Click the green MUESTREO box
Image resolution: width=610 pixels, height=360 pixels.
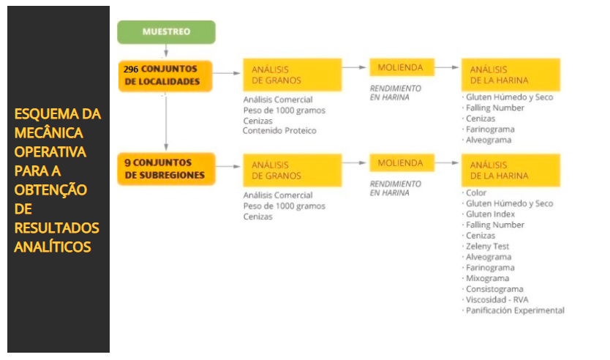tap(166, 32)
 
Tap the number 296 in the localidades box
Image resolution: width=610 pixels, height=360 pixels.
tap(131, 70)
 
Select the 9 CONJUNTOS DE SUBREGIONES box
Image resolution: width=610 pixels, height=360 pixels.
tap(166, 169)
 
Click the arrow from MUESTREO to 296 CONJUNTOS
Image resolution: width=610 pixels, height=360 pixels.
tap(166, 50)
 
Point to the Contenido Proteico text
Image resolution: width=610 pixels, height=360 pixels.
tap(279, 131)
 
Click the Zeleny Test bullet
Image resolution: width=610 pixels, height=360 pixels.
tap(486, 247)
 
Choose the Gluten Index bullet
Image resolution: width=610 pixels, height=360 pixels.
tap(489, 214)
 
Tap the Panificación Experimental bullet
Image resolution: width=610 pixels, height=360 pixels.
tap(513, 310)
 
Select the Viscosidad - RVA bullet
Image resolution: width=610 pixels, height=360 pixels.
tap(495, 300)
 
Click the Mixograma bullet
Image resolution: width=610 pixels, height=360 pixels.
tap(486, 278)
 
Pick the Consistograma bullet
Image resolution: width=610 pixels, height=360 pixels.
tap(492, 289)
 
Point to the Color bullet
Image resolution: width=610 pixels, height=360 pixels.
tap(474, 192)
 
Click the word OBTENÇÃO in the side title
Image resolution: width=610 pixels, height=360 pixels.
tap(50, 190)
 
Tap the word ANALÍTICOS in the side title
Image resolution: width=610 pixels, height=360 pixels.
tap(53, 247)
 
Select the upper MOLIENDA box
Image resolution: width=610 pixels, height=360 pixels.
tap(402, 67)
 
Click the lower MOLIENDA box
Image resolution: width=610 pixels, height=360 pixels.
tap(402, 162)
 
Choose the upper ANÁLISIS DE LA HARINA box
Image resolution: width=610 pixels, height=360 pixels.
tap(511, 75)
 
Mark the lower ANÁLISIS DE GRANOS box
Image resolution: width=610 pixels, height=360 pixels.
tap(292, 170)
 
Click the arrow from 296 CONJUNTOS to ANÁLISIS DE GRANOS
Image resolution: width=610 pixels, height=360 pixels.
tap(227, 73)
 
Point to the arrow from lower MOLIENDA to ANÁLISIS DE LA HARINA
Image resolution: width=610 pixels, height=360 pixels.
tap(447, 162)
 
